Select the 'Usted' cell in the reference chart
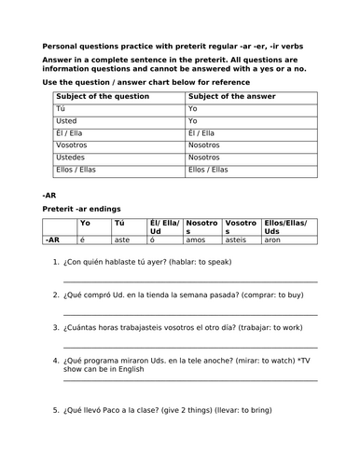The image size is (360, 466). coord(67,120)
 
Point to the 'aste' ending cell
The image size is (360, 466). coord(122,240)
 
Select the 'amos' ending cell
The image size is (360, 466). coord(196,240)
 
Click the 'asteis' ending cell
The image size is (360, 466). coord(238,240)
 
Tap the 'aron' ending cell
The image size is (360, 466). coord(272,240)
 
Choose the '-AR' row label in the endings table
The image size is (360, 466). coord(54,240)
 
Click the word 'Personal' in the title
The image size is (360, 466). coord(61,46)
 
